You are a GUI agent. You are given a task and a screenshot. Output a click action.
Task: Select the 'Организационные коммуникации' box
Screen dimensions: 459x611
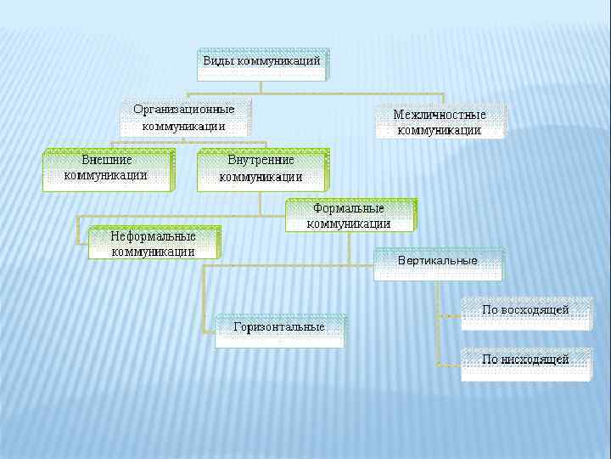point(184,118)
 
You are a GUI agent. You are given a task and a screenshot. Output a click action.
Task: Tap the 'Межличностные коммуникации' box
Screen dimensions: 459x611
point(440,122)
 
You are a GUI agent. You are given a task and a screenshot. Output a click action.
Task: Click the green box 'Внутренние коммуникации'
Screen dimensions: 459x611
point(261,169)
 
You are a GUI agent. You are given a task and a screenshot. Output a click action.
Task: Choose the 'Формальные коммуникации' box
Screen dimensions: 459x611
point(349,216)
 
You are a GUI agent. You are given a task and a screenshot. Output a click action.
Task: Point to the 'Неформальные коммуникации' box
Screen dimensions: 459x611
point(153,243)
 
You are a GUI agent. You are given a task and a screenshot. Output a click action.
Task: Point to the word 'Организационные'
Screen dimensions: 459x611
point(184,110)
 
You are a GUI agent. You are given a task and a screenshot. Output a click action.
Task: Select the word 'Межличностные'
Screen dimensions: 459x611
point(440,114)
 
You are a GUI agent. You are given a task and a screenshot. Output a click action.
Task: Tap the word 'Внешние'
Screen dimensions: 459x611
point(107,160)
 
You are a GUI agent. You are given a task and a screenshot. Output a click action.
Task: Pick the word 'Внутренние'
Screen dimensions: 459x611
point(261,160)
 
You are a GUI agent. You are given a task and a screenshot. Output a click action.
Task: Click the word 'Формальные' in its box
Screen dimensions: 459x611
point(349,208)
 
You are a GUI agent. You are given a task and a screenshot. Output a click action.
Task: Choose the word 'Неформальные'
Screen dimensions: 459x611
point(153,235)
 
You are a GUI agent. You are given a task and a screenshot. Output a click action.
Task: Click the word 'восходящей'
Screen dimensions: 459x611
point(535,309)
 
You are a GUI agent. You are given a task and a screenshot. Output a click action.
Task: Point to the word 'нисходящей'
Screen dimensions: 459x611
point(535,360)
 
